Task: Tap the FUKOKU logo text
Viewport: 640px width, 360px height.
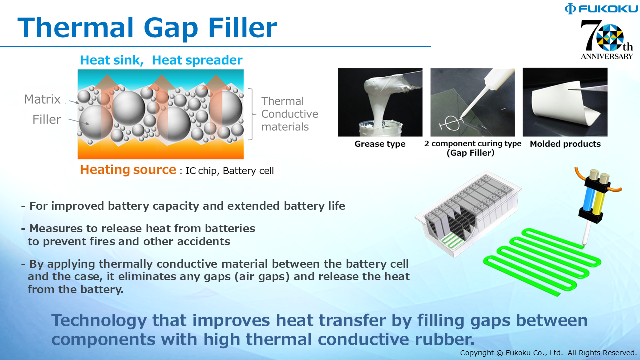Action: click(x=599, y=9)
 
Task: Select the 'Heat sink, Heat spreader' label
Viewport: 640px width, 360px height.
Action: click(x=161, y=60)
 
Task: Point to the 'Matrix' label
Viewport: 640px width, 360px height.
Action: click(x=42, y=99)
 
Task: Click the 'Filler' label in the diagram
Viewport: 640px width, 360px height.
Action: click(x=47, y=119)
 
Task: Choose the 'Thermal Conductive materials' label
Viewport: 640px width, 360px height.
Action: click(x=289, y=114)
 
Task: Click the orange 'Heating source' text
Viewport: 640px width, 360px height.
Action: click(x=128, y=170)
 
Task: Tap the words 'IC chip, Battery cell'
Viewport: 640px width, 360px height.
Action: click(x=230, y=171)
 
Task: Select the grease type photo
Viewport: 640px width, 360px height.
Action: click(x=380, y=102)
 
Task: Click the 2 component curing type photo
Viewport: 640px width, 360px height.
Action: click(x=473, y=102)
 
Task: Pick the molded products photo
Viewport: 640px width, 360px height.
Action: click(x=565, y=102)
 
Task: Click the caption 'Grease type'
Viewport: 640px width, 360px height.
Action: click(x=380, y=144)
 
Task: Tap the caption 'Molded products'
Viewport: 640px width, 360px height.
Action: click(x=565, y=144)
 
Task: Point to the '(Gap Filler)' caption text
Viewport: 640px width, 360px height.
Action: click(x=470, y=153)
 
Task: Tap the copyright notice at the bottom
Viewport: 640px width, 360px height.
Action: click(x=548, y=353)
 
